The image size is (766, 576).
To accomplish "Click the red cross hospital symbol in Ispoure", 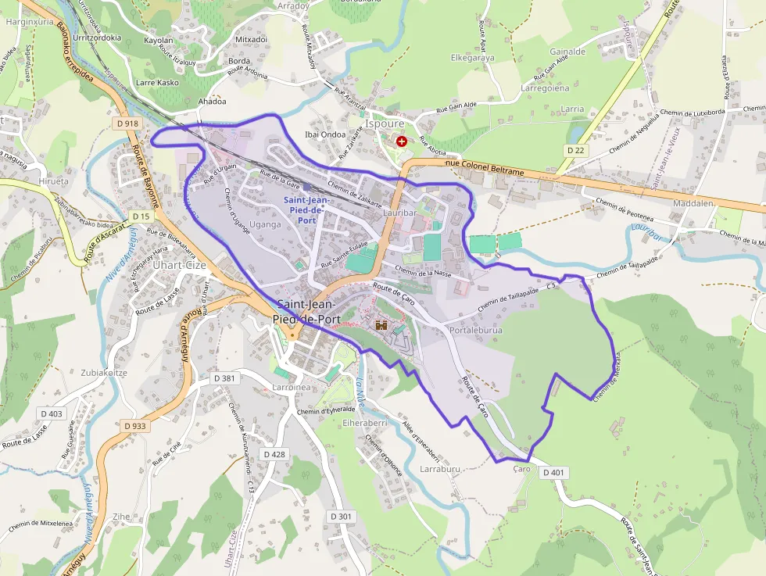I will (x=402, y=141).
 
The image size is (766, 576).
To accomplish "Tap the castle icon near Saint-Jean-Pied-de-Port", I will (x=382, y=325).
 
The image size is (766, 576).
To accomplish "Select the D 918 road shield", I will (x=126, y=123).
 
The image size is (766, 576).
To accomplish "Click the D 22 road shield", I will (x=575, y=150).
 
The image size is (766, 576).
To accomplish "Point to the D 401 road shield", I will (x=552, y=472).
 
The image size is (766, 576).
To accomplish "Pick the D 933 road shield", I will (x=134, y=426).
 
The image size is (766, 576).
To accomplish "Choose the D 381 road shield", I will (x=224, y=378).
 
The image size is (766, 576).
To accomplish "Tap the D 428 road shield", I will (x=274, y=454).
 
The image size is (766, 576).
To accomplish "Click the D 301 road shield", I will (x=342, y=517).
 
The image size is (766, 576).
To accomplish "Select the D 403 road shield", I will (x=52, y=413).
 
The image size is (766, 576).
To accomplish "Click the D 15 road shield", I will (x=141, y=216).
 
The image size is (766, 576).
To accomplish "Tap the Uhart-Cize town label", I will (x=180, y=264).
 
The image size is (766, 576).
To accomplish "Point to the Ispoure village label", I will (x=385, y=123).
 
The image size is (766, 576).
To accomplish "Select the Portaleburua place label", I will (x=476, y=331).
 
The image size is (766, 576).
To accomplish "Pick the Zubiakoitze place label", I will (x=103, y=373).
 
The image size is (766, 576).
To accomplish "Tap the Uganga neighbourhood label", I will (x=264, y=224).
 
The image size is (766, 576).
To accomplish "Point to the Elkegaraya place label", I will (x=473, y=58).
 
